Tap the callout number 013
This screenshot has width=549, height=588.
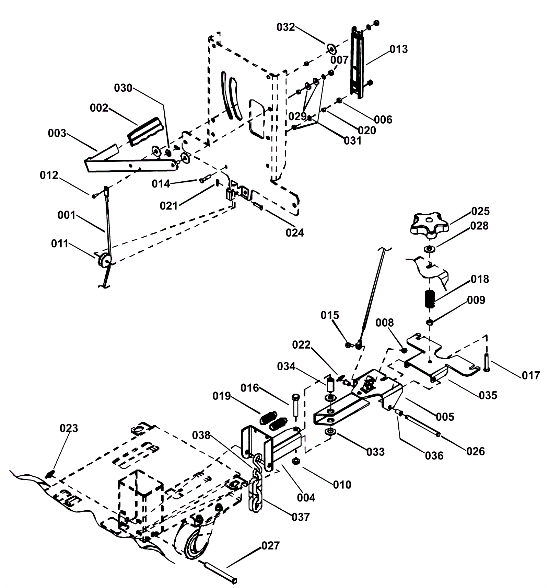398,49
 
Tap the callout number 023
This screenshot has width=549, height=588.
69,428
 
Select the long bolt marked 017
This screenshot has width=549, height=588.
486,363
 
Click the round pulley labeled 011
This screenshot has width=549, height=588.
104,260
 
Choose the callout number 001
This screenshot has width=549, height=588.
67,215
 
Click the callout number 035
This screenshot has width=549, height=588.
488,395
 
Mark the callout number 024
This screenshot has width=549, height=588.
295,233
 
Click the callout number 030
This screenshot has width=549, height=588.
123,88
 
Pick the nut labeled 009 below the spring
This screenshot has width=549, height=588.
429,322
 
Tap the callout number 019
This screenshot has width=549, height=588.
222,396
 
